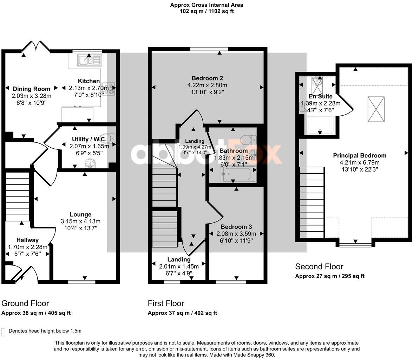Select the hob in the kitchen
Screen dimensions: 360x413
108,89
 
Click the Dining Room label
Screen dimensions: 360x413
31,89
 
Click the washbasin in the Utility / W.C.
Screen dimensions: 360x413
90,163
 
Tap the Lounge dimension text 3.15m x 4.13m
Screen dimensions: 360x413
80,221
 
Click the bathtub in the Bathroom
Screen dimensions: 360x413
238,175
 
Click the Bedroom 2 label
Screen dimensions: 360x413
207,78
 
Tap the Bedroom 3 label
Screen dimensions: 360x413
236,227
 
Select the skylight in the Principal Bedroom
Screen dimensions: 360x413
376,109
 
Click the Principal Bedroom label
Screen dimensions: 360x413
359,155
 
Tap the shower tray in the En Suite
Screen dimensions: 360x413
320,126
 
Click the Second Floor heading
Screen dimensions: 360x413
319,266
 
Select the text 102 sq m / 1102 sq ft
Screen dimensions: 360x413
206,11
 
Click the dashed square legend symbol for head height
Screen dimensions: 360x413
4,332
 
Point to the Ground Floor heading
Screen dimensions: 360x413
25,303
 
